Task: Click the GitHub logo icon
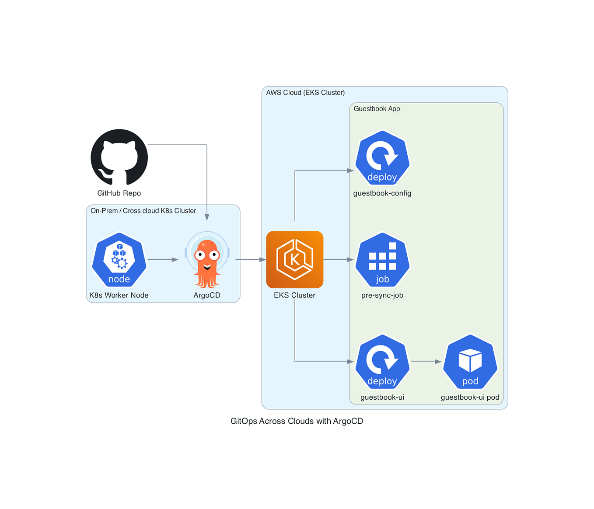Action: pos(119,157)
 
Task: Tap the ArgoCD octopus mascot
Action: pos(207,260)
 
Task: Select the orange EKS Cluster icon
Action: pos(295,260)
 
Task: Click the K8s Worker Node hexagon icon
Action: pos(119,260)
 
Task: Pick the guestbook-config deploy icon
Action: pos(382,158)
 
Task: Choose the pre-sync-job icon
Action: pos(382,260)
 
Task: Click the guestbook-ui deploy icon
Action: pos(382,362)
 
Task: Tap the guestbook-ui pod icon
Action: pos(470,362)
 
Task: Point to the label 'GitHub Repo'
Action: pos(119,193)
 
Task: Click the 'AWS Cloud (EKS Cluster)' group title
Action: pos(305,93)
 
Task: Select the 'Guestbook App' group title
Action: pos(377,109)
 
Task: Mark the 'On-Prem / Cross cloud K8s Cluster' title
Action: pos(143,211)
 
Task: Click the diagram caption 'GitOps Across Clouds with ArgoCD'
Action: pos(297,421)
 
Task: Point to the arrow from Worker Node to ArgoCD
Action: pos(163,260)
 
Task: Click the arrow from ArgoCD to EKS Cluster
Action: pos(251,260)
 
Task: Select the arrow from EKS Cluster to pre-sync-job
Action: pos(338,260)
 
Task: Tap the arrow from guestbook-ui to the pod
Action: pos(426,362)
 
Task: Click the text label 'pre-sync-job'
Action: pos(382,295)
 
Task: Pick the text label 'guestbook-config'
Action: pos(382,193)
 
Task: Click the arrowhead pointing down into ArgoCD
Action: pos(207,217)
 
